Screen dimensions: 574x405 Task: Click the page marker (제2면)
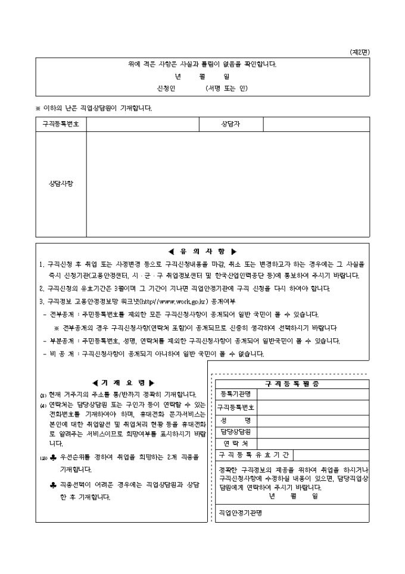coord(360,53)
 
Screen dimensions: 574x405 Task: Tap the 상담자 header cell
coord(230,124)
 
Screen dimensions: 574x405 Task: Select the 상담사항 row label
coord(61,184)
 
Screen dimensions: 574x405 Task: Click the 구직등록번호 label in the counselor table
coord(61,124)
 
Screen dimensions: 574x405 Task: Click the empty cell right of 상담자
coord(316,124)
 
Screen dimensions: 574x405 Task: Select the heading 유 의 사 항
coord(202,251)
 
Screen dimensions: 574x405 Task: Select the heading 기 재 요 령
coord(123,382)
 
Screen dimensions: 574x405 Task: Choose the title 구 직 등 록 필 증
coord(292,384)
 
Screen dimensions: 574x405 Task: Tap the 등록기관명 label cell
coord(236,394)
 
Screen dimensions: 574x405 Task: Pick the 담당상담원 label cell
coord(236,431)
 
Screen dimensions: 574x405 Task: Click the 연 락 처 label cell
coord(236,444)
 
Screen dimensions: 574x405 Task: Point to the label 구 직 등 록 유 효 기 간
coord(254,456)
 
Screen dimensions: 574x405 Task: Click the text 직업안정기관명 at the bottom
coord(241,512)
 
